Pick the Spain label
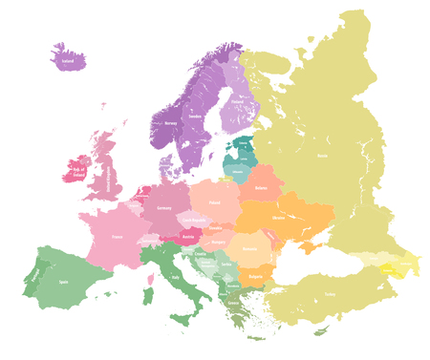coord(64,283)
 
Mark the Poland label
coord(214,202)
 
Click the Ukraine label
coord(278,218)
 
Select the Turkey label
coord(330,293)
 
